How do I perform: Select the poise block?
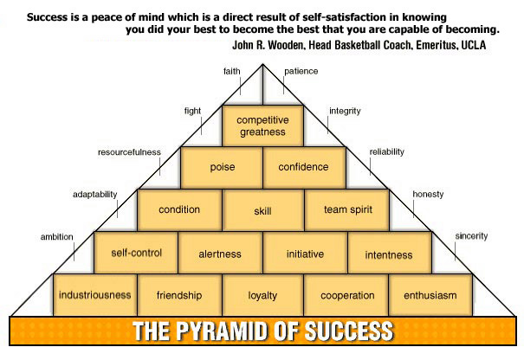click(x=223, y=167)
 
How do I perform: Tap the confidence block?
click(x=303, y=167)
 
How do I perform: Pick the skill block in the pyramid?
click(x=262, y=210)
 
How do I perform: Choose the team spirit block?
click(x=346, y=210)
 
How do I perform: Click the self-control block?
click(x=137, y=253)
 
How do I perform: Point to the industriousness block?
click(x=95, y=295)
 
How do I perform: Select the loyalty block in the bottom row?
click(x=262, y=295)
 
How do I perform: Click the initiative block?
click(x=304, y=254)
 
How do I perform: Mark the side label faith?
click(x=231, y=71)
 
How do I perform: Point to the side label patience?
click(x=301, y=71)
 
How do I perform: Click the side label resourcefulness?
click(x=129, y=152)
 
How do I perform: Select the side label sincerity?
click(x=471, y=235)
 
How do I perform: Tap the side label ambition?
click(x=56, y=236)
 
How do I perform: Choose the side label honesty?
click(x=428, y=194)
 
